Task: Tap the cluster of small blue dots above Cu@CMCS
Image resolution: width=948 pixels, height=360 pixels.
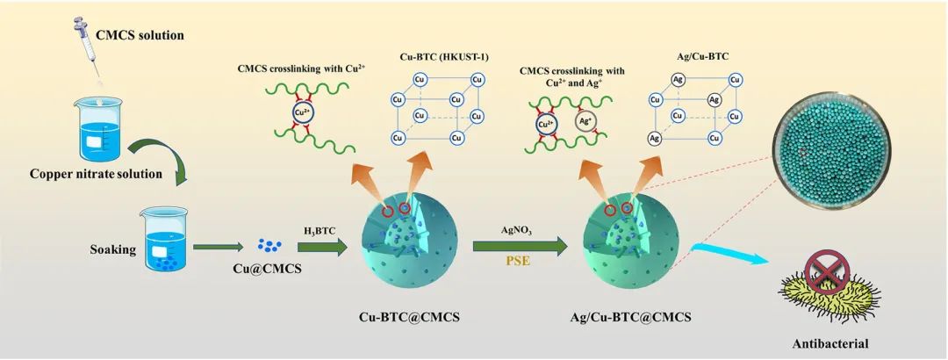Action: pyautogui.click(x=269, y=245)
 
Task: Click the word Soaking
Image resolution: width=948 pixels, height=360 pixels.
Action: pyautogui.click(x=111, y=249)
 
